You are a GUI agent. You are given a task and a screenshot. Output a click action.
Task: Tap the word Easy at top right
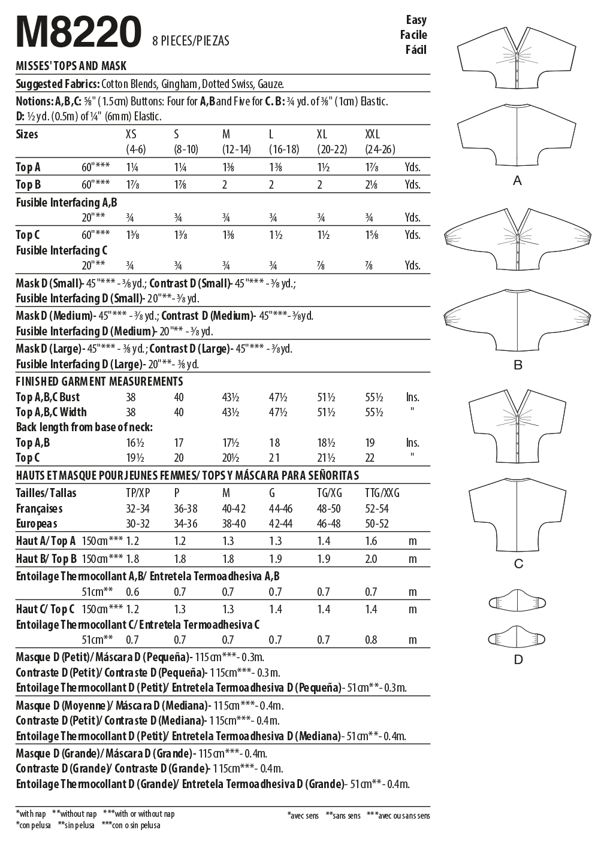[415, 20]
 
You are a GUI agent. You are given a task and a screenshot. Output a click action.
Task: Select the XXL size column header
[372, 134]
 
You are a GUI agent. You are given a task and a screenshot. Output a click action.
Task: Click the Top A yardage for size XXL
[371, 168]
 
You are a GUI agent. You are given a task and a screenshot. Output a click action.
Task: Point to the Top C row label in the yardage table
[28, 235]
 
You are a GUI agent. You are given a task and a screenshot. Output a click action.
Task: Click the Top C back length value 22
[370, 458]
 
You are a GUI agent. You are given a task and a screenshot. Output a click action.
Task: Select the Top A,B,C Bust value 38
[131, 397]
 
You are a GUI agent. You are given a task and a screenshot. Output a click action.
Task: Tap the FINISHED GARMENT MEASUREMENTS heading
[99, 381]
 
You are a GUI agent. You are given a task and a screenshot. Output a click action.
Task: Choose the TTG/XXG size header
[382, 493]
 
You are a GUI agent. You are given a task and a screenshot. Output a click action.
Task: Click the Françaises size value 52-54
[377, 508]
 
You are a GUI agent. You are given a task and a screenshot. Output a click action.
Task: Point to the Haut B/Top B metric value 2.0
[371, 559]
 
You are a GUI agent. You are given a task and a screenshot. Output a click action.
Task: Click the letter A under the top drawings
[518, 181]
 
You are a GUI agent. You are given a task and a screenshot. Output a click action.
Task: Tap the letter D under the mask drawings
[518, 659]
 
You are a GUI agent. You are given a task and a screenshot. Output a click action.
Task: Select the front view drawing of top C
[518, 429]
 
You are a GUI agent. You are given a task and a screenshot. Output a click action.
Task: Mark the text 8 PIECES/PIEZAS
[191, 41]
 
